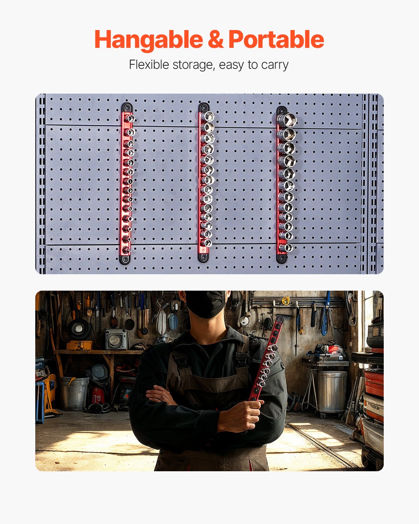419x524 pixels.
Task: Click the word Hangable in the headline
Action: click(148, 40)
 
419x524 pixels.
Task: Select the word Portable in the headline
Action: click(276, 39)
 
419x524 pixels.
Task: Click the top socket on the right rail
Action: click(287, 120)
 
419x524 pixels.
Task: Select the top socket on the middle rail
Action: click(208, 116)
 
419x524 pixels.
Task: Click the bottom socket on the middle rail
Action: click(207, 243)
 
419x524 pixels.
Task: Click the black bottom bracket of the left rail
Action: click(125, 259)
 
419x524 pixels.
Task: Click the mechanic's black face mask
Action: click(205, 304)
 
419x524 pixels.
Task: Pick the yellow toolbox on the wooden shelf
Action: click(79, 345)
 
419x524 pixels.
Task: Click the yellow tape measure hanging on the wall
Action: click(286, 300)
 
